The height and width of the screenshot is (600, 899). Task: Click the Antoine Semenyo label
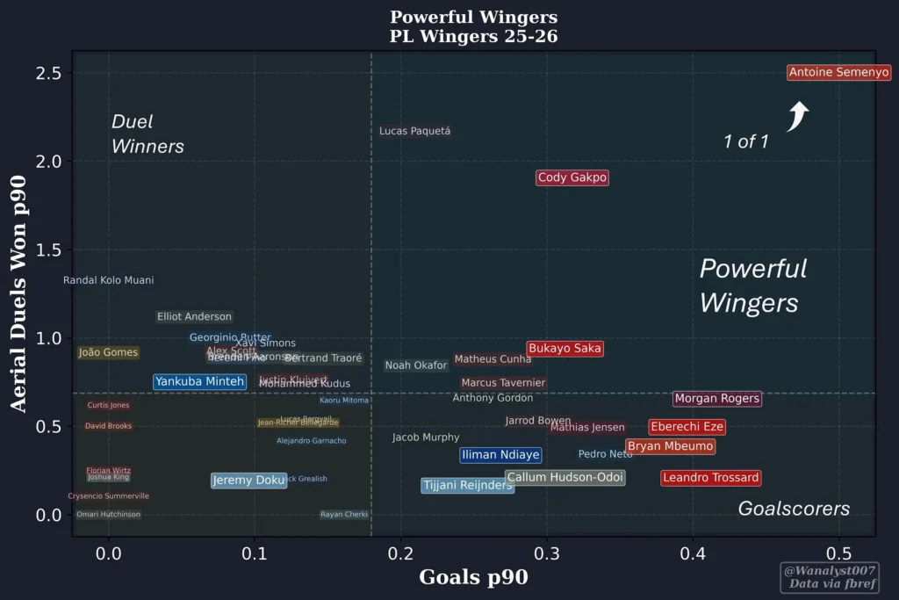coord(838,73)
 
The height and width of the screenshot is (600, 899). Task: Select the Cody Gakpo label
coord(572,177)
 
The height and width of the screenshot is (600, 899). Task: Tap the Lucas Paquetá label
coord(414,132)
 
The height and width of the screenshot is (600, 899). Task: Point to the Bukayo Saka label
coord(565,349)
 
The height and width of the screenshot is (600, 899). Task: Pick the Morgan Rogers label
coord(716,399)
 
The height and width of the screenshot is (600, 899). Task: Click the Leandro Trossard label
coord(710,478)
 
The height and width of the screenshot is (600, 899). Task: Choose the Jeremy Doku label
coord(248,481)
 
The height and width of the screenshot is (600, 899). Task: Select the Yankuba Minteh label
coord(199,381)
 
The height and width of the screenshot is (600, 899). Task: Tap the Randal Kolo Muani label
coord(108,280)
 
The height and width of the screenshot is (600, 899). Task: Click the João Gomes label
coord(108,352)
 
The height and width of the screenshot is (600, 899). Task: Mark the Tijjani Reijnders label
coord(467,485)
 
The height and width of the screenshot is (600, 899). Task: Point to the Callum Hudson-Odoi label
coord(565,478)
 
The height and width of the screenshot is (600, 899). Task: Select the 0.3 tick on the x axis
coord(546,554)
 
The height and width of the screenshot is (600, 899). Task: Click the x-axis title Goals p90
coord(473,577)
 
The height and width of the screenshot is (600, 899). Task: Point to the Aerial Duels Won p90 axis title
coord(18,293)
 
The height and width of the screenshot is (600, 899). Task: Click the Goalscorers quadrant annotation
coord(794,509)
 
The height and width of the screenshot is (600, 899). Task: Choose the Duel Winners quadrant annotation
coord(147,134)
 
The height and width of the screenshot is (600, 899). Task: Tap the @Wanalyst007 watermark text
coord(829,570)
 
